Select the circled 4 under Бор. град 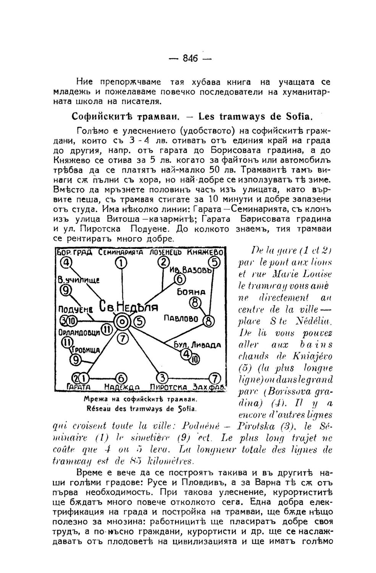(x=68, y=263)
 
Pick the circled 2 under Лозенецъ (x=164, y=262)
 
